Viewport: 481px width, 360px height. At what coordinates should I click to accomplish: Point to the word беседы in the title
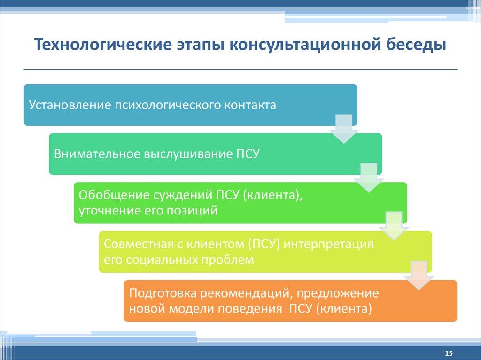pos(416,46)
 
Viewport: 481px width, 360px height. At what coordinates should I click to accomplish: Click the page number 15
pos(448,353)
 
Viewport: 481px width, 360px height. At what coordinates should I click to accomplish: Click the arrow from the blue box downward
pos(344,128)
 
